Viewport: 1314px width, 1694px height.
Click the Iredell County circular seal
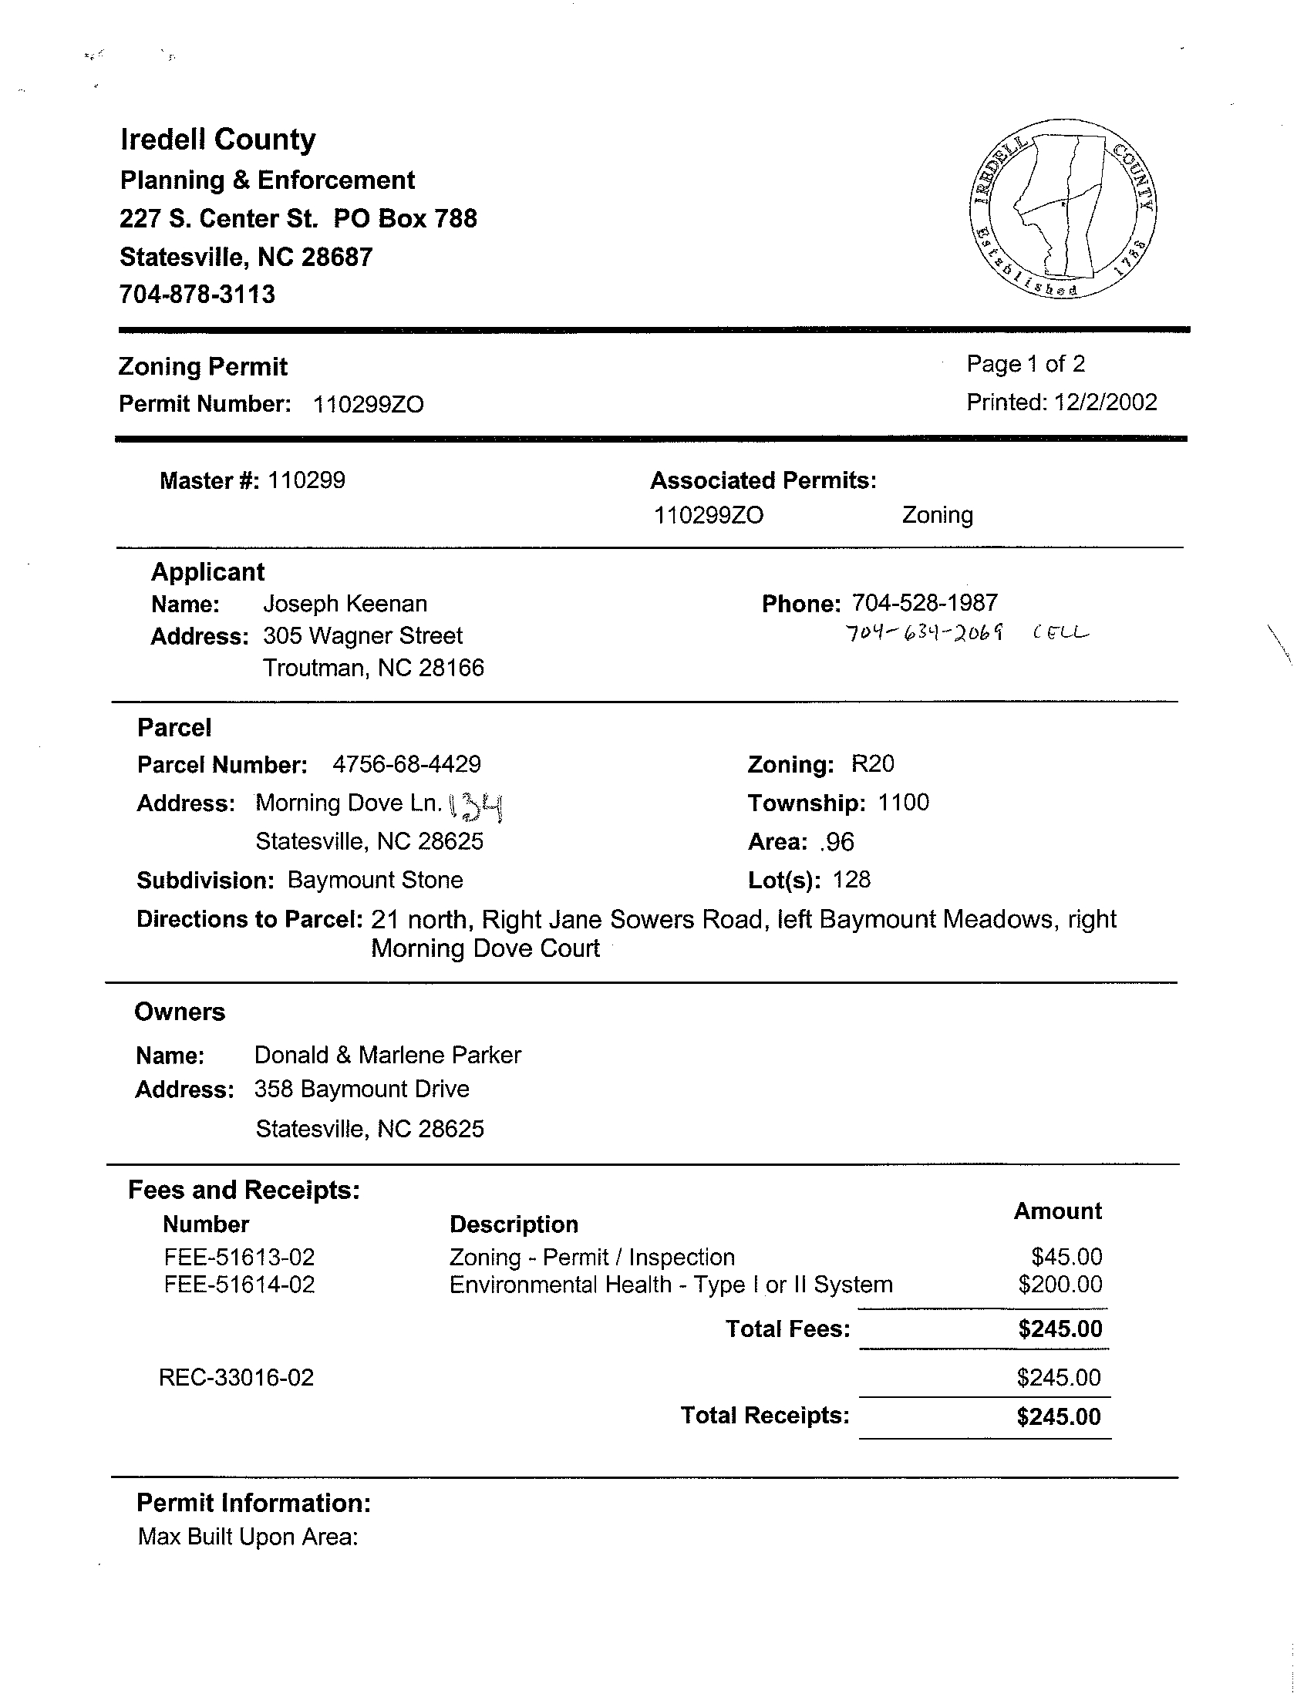1062,210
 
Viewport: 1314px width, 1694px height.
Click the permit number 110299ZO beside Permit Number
368,405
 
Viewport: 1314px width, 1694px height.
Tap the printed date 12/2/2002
1104,402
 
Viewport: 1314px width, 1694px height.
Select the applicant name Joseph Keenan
345,604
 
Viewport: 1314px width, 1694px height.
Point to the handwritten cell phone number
924,634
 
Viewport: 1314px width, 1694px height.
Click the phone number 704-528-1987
925,603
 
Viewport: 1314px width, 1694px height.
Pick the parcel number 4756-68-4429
406,764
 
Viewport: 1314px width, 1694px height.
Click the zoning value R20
873,764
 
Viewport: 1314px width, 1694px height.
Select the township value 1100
903,803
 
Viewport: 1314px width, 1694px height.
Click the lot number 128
851,880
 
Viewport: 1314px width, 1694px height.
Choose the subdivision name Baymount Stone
376,880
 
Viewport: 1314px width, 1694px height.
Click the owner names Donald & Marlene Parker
388,1055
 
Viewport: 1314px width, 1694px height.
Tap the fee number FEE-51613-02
240,1257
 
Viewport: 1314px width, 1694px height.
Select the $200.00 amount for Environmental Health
1060,1285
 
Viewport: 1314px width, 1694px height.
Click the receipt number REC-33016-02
237,1378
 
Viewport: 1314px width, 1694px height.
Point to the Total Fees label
787,1329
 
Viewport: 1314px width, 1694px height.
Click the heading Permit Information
254,1504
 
